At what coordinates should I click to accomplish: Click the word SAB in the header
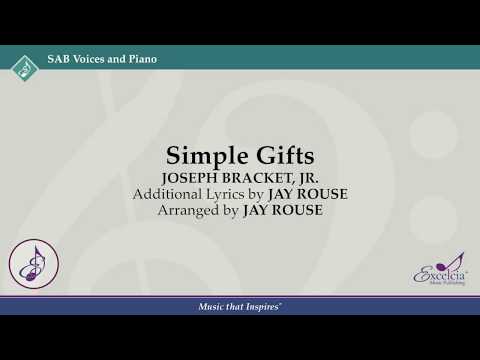pos(57,59)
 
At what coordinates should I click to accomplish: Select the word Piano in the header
pos(141,59)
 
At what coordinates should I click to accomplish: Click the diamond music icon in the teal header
pos(22,68)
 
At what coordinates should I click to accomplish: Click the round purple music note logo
pos(34,263)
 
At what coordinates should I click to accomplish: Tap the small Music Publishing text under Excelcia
pos(441,283)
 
